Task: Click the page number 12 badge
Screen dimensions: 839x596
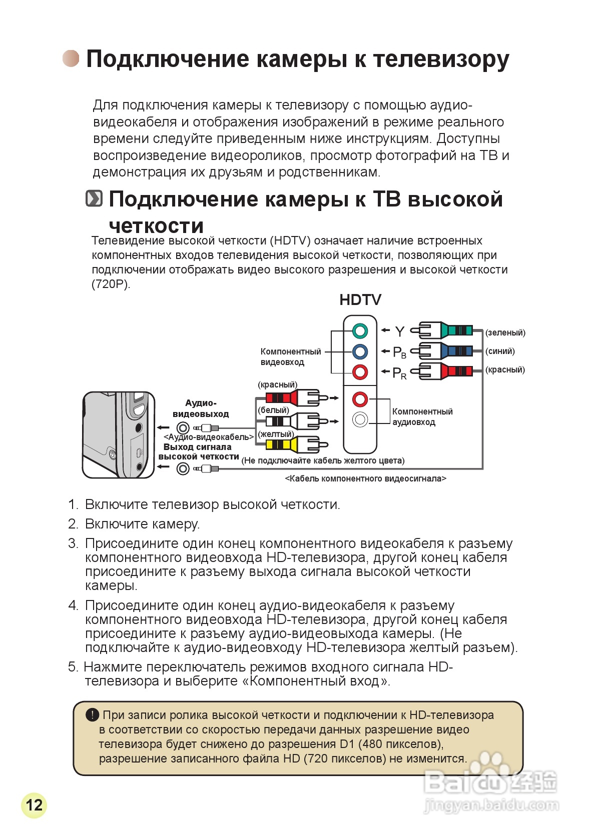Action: (x=34, y=805)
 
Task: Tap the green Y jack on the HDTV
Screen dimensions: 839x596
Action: (x=360, y=331)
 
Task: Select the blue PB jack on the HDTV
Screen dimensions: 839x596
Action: (x=360, y=351)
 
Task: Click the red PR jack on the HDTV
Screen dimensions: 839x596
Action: (x=360, y=372)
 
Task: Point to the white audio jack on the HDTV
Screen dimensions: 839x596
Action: (x=360, y=419)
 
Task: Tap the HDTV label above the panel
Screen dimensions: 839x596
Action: (x=360, y=300)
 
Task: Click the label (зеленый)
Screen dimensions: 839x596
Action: (x=505, y=332)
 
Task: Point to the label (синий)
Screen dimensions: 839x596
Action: (x=500, y=351)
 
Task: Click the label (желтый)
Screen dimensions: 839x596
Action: (x=275, y=434)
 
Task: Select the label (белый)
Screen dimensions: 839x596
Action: (x=273, y=410)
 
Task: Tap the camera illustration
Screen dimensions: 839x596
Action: (x=119, y=434)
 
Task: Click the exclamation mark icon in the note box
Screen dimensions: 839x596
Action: (x=92, y=715)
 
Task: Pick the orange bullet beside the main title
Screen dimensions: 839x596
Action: (x=71, y=58)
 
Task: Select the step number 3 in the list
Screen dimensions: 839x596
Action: (x=73, y=543)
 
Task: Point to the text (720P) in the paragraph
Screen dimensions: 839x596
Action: (x=111, y=284)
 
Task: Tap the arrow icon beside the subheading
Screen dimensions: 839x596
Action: (x=94, y=198)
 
